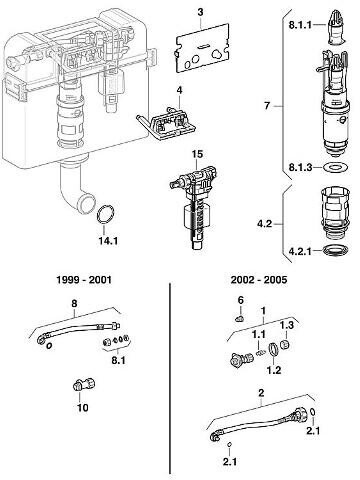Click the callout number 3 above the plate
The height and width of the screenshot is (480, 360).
click(200, 12)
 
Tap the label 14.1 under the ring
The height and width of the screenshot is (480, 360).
click(108, 241)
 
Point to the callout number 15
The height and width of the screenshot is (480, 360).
click(197, 155)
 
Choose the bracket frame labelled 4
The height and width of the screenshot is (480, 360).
click(167, 123)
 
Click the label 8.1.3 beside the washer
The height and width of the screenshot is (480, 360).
click(301, 167)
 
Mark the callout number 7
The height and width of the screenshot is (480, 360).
click(267, 106)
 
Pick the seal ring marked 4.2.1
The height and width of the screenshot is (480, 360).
click(336, 250)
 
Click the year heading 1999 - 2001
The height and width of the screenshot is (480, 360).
click(83, 279)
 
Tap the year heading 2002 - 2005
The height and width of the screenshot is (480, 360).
click(259, 279)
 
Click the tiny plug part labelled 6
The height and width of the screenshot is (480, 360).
click(239, 319)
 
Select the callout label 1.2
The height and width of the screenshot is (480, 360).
click(274, 370)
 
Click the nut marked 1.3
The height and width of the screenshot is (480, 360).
click(285, 344)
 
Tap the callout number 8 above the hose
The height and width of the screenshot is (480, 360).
click(74, 303)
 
